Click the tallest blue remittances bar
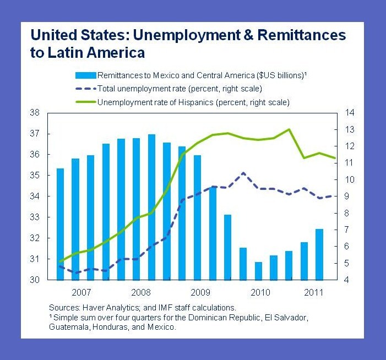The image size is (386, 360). (151, 207)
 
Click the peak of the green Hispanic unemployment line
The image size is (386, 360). (289, 129)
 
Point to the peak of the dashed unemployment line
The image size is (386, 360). (243, 173)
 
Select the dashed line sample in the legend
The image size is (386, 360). (85, 88)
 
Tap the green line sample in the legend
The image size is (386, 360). (85, 102)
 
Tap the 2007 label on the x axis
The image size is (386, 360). (81, 291)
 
